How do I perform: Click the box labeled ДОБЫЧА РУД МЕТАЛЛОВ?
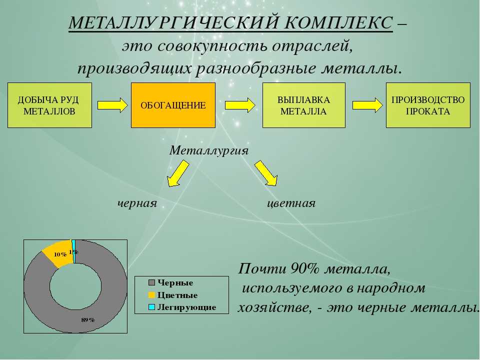(x=49, y=105)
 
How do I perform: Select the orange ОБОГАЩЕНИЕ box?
(x=173, y=105)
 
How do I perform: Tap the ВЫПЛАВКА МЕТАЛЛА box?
(x=304, y=105)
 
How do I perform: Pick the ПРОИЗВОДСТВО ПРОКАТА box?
(x=428, y=105)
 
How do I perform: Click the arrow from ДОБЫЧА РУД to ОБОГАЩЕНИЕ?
(x=112, y=105)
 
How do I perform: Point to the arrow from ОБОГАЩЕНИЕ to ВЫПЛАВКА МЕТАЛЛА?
(x=240, y=105)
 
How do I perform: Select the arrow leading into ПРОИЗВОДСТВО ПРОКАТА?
(x=367, y=105)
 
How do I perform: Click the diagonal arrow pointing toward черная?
(x=178, y=173)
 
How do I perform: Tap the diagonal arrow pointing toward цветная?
(x=266, y=173)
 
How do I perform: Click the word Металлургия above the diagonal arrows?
(x=209, y=150)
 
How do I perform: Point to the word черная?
(x=137, y=203)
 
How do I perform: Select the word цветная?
(x=291, y=203)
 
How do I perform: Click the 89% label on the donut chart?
(x=88, y=320)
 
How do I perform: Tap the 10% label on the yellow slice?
(x=60, y=254)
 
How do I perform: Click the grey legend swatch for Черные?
(x=151, y=282)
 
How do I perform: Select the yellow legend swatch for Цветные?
(x=151, y=295)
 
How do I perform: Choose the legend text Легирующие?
(x=186, y=307)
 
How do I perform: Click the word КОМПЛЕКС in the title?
(x=338, y=22)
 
